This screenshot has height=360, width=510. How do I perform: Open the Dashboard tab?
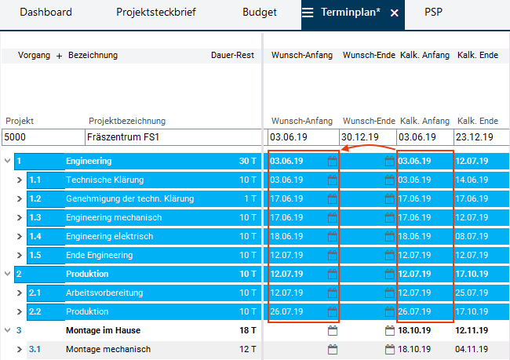(46, 13)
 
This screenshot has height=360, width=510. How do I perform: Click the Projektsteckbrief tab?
(156, 13)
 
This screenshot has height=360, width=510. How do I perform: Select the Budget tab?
(260, 13)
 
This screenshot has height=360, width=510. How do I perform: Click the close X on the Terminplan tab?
(395, 13)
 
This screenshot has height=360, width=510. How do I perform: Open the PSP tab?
(433, 13)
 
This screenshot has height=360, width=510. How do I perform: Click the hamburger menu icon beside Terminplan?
(308, 13)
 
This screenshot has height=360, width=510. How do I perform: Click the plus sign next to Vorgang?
(60, 56)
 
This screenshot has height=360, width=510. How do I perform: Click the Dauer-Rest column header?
(233, 56)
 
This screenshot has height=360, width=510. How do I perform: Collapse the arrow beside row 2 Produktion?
(8, 275)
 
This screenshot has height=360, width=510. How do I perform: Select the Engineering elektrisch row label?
(109, 237)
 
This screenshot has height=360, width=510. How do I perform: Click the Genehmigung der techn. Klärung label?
(129, 199)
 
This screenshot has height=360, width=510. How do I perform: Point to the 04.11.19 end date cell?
(472, 350)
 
